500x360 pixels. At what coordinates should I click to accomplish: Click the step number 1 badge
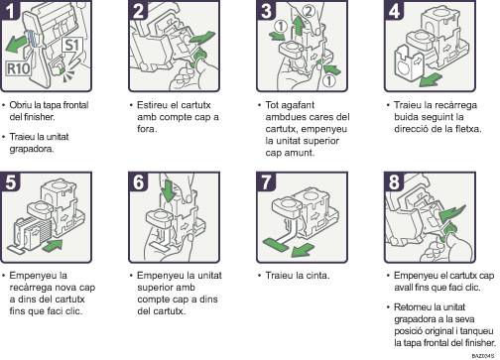tap(10, 10)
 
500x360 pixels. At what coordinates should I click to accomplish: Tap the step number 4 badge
tap(393, 10)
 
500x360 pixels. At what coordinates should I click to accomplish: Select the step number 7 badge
tap(266, 181)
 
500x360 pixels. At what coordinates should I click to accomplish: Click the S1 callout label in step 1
tap(72, 46)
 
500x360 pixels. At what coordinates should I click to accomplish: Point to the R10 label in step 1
tap(18, 68)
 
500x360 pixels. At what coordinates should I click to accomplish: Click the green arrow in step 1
tap(16, 44)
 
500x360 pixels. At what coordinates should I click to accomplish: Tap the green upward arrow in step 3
tap(299, 26)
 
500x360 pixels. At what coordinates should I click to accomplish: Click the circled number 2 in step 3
tap(309, 11)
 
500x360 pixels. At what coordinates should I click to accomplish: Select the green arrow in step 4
tap(431, 79)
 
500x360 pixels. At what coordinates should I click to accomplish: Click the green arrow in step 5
tap(53, 246)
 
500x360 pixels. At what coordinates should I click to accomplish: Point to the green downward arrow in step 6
tap(168, 190)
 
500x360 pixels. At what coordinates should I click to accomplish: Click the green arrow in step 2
tap(201, 38)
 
